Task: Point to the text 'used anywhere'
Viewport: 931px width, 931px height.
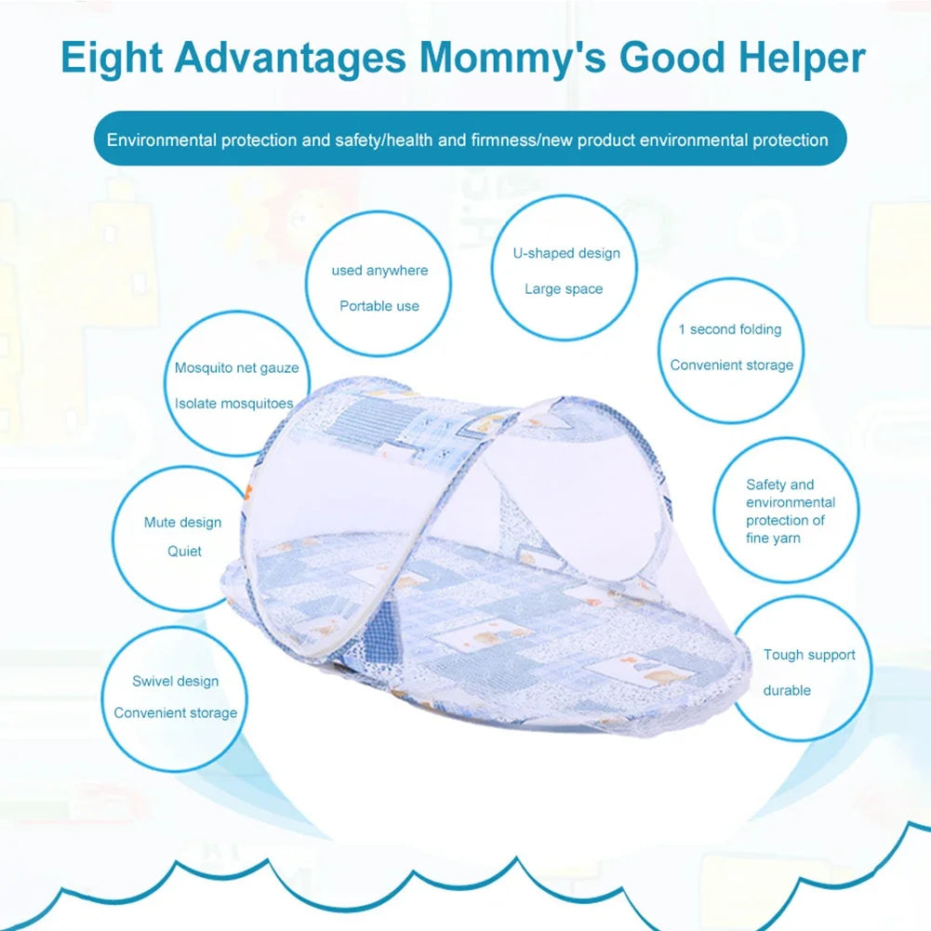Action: tap(379, 271)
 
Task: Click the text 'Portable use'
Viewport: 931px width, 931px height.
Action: tap(379, 306)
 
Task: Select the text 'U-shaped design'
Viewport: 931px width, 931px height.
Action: tap(565, 253)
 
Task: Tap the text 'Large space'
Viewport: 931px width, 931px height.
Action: tap(564, 289)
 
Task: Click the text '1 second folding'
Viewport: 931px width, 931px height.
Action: tap(730, 329)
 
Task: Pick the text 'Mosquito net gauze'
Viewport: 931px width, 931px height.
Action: tap(236, 368)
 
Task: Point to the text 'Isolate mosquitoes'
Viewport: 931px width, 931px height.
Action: tap(233, 404)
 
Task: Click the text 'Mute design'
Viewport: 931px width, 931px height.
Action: tap(182, 523)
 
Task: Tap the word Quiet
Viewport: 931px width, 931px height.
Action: tap(184, 552)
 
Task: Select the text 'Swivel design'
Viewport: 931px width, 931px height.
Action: tap(175, 682)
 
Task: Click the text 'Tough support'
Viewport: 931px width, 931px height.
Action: tap(809, 655)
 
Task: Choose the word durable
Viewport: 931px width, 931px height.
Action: tap(787, 690)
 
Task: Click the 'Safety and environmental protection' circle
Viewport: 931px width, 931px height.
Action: tap(788, 511)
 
